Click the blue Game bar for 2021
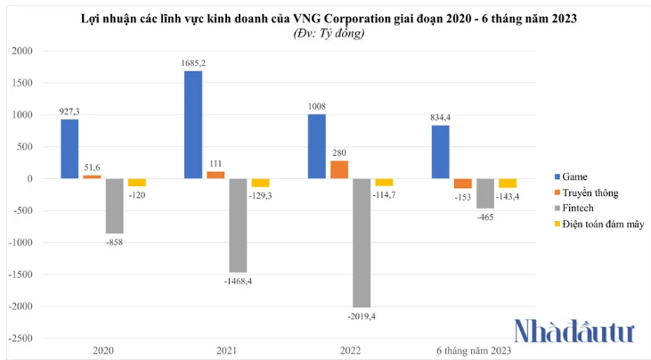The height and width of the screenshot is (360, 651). pyautogui.click(x=192, y=125)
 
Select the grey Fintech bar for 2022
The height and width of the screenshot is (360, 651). pyautogui.click(x=361, y=242)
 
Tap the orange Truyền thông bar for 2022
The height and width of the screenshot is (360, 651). pyautogui.click(x=338, y=169)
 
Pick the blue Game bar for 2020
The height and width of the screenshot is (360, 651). pyautogui.click(x=69, y=149)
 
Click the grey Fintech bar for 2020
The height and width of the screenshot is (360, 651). pyautogui.click(x=114, y=206)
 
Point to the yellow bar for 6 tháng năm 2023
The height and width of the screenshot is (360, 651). pyautogui.click(x=507, y=184)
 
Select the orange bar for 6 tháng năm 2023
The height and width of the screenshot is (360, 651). pyautogui.click(x=462, y=184)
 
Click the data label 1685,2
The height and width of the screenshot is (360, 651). pyautogui.click(x=193, y=62)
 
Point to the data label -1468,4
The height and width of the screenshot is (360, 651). pyautogui.click(x=238, y=280)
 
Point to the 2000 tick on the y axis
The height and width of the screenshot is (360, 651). pyautogui.click(x=20, y=51)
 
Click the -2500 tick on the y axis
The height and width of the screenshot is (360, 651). pyautogui.click(x=18, y=339)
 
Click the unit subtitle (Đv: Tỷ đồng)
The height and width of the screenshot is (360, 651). pyautogui.click(x=329, y=33)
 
